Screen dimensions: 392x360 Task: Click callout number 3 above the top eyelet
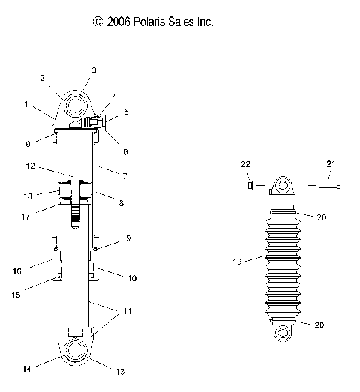94,70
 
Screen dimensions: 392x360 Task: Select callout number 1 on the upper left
27,106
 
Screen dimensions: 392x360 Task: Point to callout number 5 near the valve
126,112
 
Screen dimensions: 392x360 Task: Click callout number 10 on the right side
131,278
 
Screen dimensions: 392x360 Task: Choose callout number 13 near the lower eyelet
120,371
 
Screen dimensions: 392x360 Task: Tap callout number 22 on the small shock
245,164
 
